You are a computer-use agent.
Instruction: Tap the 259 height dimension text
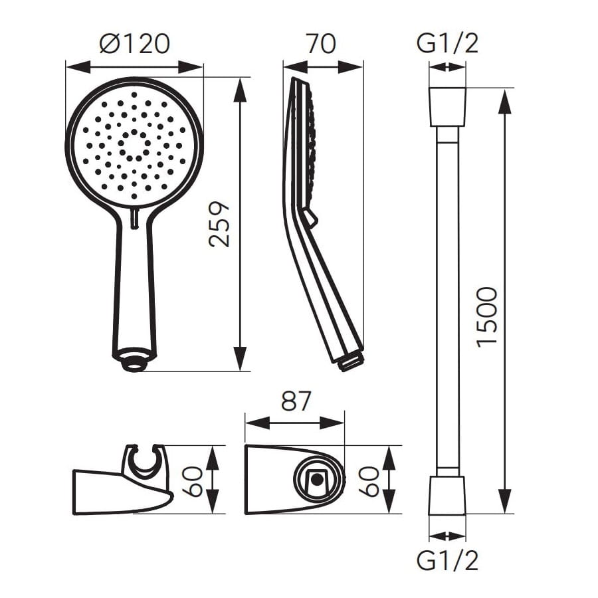[x=219, y=225]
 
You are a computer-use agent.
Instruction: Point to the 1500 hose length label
[x=487, y=318]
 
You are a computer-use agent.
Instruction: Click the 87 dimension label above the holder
[x=296, y=401]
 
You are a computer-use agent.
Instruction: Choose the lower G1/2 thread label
[x=447, y=561]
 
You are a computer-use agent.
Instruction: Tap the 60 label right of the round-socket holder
[x=369, y=482]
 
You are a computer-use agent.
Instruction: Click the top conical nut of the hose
[x=447, y=107]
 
